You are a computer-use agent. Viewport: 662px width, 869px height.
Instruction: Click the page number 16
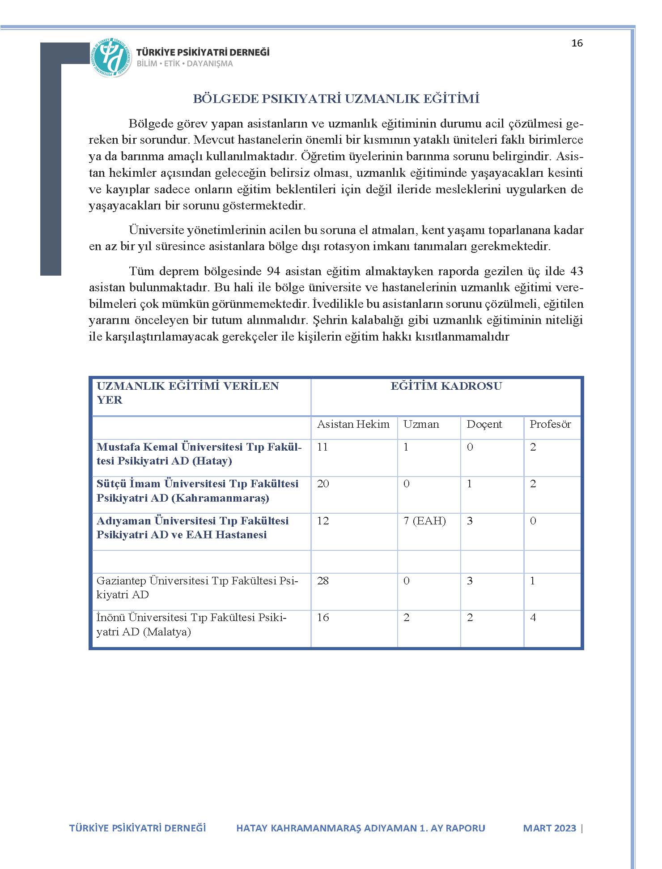[x=577, y=43]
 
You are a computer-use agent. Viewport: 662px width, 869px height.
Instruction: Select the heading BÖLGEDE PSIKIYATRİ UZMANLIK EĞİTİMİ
[x=336, y=99]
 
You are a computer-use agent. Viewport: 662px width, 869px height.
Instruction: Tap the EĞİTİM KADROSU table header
[x=446, y=386]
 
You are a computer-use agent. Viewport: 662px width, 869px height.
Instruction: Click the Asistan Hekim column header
[x=353, y=424]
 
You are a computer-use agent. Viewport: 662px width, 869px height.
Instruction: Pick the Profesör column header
[x=550, y=424]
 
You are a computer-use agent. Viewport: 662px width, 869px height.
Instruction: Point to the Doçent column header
[x=484, y=424]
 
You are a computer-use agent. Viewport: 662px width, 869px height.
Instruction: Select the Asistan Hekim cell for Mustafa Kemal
[x=322, y=447]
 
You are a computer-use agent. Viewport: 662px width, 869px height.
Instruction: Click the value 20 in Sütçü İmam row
[x=323, y=484]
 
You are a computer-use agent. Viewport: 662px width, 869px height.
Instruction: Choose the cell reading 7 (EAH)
[x=424, y=521]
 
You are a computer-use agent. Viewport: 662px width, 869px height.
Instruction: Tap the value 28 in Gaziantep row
[x=323, y=581]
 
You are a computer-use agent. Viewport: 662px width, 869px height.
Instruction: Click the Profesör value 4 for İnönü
[x=533, y=618]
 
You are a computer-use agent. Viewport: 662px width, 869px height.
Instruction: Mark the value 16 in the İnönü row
[x=323, y=618]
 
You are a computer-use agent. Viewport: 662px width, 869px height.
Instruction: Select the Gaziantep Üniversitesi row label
[x=197, y=588]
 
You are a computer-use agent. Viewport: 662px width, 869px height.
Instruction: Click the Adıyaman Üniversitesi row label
[x=192, y=528]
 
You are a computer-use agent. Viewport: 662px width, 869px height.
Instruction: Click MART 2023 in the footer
[x=549, y=828]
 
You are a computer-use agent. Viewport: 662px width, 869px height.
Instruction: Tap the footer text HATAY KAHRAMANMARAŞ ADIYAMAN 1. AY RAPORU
[x=361, y=828]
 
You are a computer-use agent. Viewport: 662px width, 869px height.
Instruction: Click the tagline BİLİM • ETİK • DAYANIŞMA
[x=185, y=64]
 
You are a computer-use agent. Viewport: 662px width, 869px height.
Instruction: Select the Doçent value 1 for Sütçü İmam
[x=469, y=484]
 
